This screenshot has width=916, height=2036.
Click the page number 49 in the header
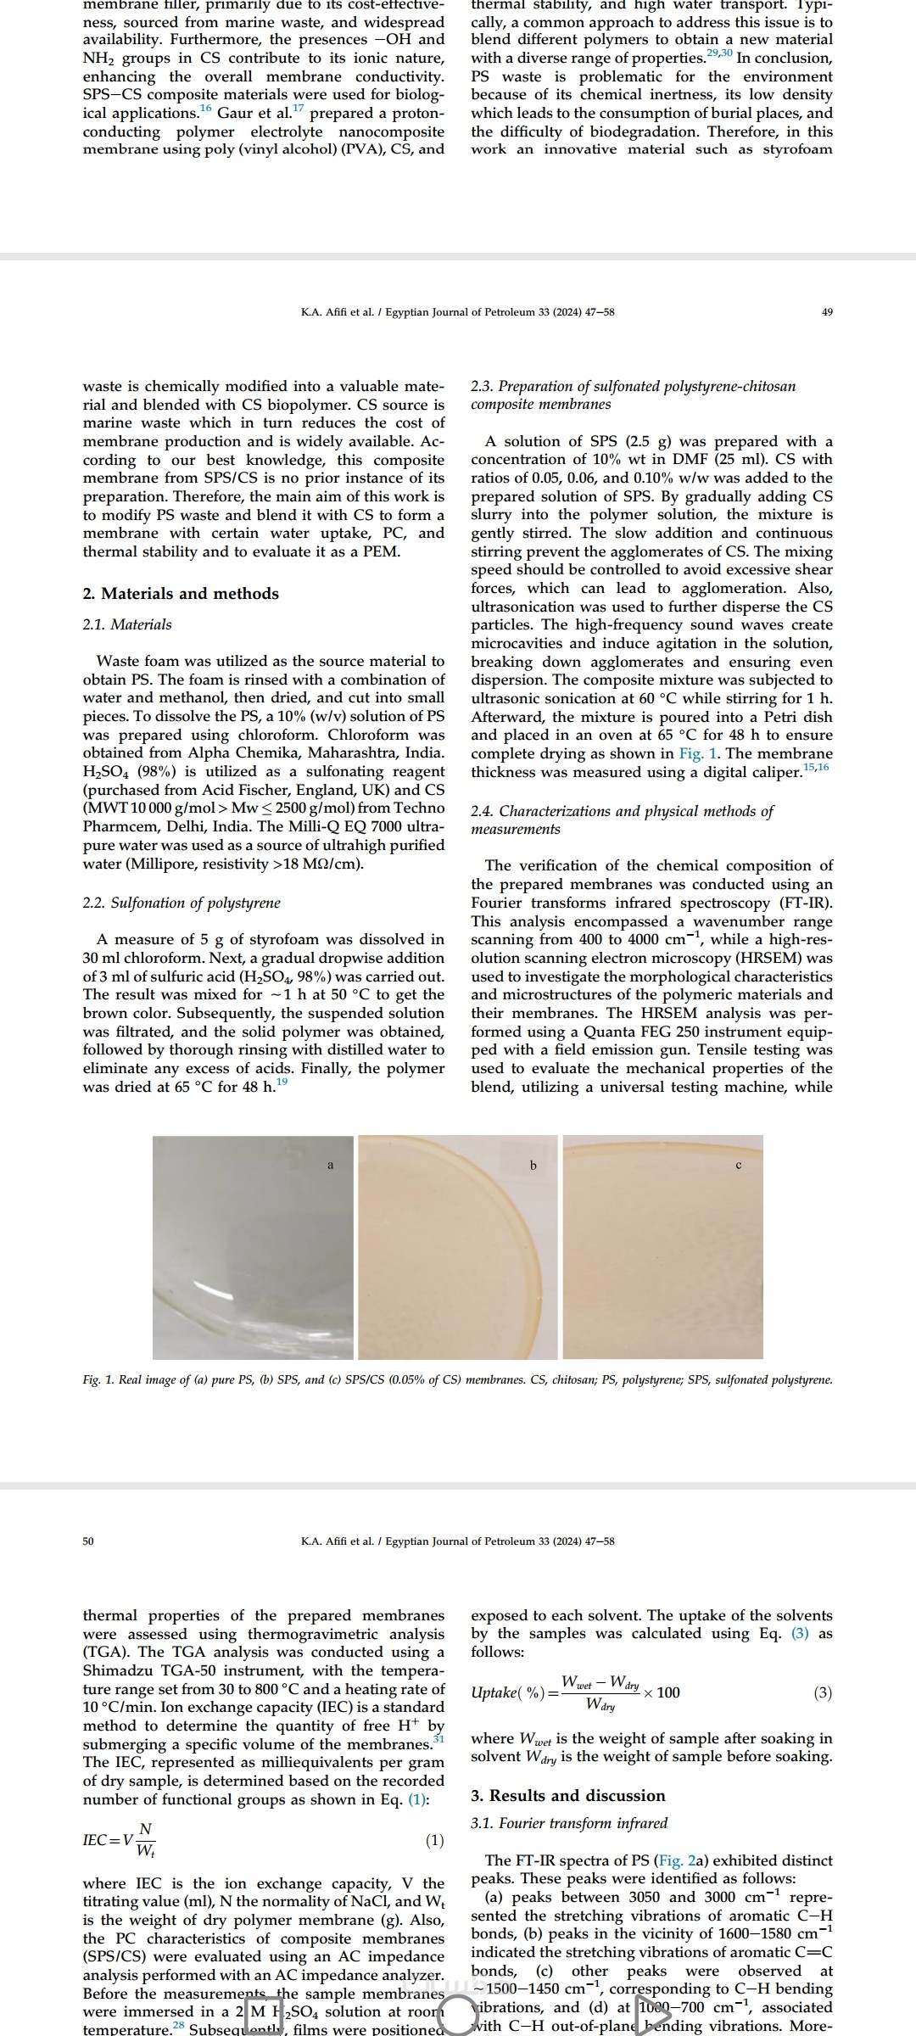click(x=828, y=312)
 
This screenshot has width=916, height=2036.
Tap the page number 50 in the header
click(x=88, y=1541)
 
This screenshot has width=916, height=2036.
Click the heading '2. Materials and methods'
click(x=181, y=594)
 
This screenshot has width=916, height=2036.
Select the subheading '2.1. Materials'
click(x=127, y=624)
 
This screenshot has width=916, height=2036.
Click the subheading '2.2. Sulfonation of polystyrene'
click(x=182, y=903)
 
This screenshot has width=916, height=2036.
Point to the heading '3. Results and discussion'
click(x=568, y=1795)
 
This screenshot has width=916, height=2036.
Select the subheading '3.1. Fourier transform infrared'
click(x=569, y=1823)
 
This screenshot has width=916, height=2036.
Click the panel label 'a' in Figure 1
click(x=331, y=1165)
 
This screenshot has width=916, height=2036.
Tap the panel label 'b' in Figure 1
click(x=533, y=1165)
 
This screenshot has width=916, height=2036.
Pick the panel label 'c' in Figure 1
click(x=738, y=1165)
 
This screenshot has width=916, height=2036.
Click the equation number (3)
click(x=823, y=1693)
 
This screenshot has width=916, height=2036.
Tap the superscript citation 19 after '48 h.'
click(x=282, y=1082)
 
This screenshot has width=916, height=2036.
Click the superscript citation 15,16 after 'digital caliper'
click(x=817, y=768)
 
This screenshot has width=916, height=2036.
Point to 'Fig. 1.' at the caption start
click(x=99, y=1380)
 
